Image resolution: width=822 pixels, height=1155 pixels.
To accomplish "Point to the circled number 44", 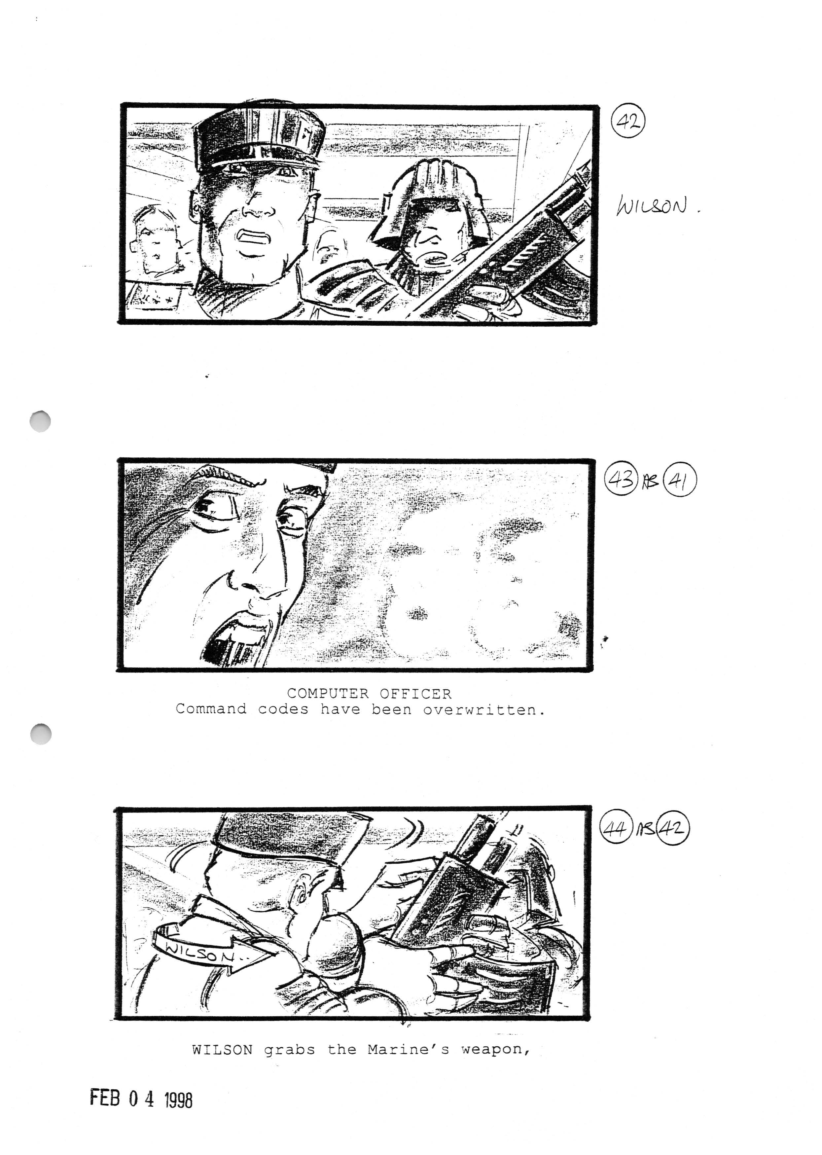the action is [616, 829].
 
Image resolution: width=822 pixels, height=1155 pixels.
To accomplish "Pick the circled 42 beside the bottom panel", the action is [673, 829].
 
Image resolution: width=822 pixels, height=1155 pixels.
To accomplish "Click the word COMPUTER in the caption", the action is [328, 693].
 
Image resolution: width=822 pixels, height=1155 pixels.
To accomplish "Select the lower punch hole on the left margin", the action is [41, 734].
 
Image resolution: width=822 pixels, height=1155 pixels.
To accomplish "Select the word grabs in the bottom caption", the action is [289, 1050].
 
